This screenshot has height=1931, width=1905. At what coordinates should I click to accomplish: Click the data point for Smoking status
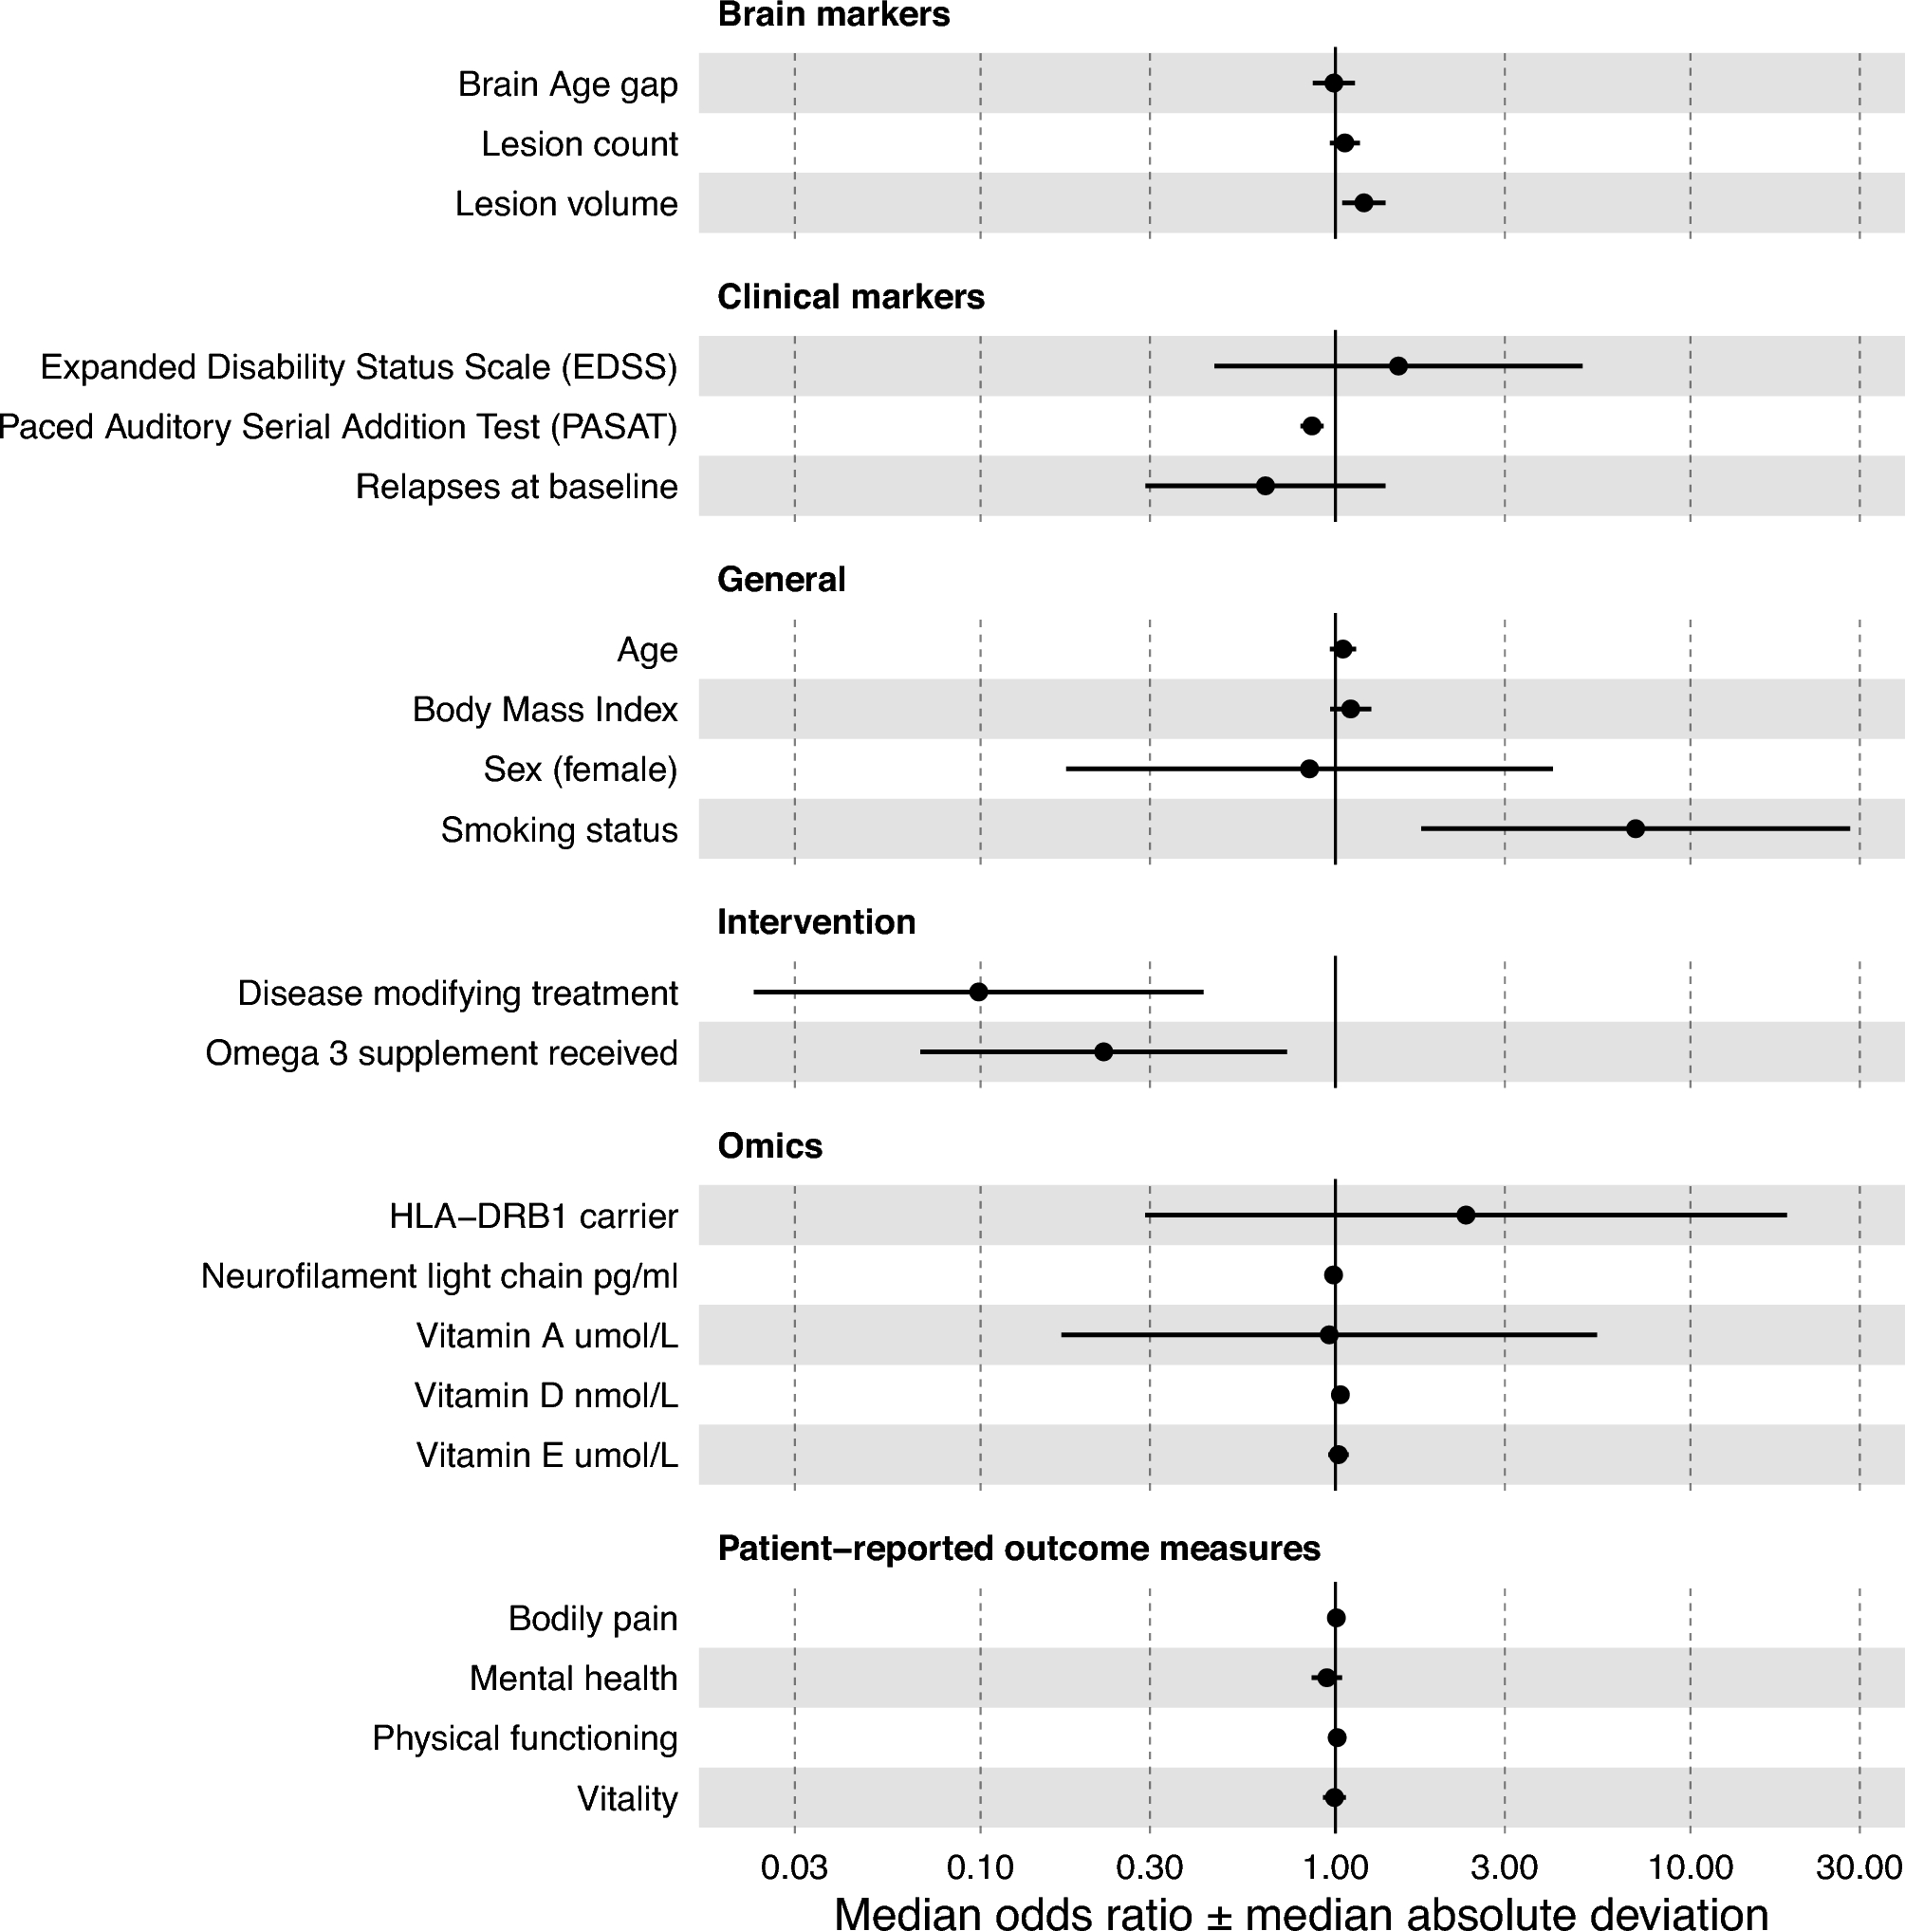pyautogui.click(x=1636, y=828)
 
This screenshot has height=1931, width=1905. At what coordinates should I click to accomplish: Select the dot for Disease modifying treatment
pyautogui.click(x=978, y=992)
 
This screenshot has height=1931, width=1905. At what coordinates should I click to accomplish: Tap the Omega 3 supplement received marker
pyautogui.click(x=1103, y=1051)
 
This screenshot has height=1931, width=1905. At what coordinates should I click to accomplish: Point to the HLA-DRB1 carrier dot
pyautogui.click(x=1465, y=1216)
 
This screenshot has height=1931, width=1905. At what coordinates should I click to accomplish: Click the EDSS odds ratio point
pyautogui.click(x=1398, y=366)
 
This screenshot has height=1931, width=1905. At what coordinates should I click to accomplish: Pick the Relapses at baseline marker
pyautogui.click(x=1266, y=486)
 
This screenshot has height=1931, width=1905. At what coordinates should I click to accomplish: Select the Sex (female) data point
pyautogui.click(x=1309, y=769)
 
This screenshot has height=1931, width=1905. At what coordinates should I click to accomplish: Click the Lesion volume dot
pyautogui.click(x=1363, y=203)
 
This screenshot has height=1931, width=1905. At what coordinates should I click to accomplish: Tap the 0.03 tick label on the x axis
pyautogui.click(x=795, y=1867)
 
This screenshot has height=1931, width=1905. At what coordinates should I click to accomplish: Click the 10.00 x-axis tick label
pyautogui.click(x=1690, y=1867)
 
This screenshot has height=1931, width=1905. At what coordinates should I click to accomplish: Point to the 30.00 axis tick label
pyautogui.click(x=1859, y=1867)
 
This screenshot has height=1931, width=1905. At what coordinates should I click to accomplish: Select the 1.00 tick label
pyautogui.click(x=1335, y=1867)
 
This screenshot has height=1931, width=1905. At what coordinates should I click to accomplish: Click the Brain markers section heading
pyautogui.click(x=834, y=15)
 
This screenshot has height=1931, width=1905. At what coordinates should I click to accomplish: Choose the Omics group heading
pyautogui.click(x=769, y=1145)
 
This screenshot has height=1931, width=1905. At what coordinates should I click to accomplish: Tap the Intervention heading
pyautogui.click(x=816, y=921)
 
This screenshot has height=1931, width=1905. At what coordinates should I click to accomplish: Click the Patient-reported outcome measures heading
pyautogui.click(x=1019, y=1549)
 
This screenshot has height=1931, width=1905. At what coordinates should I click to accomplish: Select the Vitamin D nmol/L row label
pyautogui.click(x=546, y=1395)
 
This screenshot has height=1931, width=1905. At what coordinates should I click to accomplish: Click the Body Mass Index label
pyautogui.click(x=545, y=710)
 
